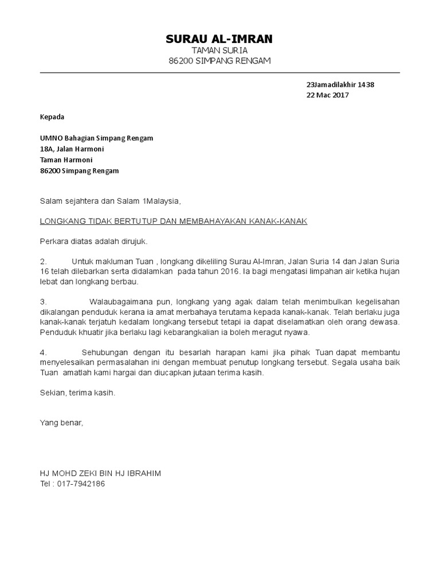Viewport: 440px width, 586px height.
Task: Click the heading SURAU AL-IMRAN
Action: [219, 39]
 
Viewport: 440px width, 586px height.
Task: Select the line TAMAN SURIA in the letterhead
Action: [219, 51]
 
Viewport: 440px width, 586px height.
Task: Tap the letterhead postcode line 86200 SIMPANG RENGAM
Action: [219, 61]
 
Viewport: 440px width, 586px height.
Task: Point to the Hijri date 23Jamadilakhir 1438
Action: [340, 85]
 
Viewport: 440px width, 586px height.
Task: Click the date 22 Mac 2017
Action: [328, 96]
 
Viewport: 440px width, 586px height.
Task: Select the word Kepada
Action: [52, 117]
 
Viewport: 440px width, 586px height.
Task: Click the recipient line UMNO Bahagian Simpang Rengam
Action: [96, 138]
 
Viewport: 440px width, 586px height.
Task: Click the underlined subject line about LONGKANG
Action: [173, 221]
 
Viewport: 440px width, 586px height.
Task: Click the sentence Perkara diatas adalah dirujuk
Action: [89, 241]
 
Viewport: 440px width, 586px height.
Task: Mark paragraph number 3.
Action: [42, 302]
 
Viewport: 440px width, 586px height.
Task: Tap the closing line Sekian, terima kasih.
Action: [77, 393]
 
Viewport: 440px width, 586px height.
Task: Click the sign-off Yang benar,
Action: [61, 423]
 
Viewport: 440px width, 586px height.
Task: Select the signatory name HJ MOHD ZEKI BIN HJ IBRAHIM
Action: [100, 473]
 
